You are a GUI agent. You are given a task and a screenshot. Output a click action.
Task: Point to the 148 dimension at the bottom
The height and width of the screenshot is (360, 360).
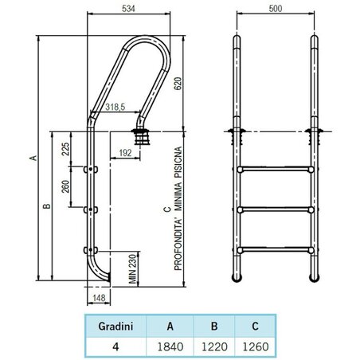[99, 299]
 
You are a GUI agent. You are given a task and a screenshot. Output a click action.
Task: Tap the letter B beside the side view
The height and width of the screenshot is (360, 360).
[47, 207]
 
